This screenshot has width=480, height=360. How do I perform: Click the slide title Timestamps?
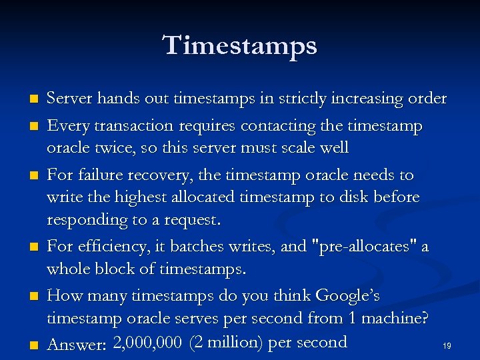[240, 45]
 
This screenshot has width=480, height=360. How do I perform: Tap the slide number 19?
[447, 346]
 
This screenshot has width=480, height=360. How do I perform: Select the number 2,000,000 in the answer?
[148, 343]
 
